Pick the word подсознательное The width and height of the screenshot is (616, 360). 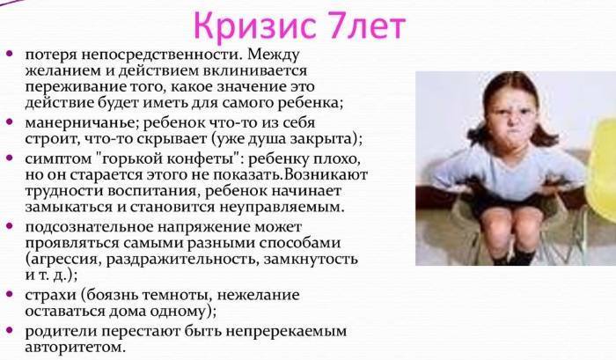tap(86, 225)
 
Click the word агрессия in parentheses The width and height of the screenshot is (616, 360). tap(70, 259)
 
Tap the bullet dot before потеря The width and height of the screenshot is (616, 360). tap(9, 53)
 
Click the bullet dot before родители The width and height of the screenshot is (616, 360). tap(9, 331)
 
